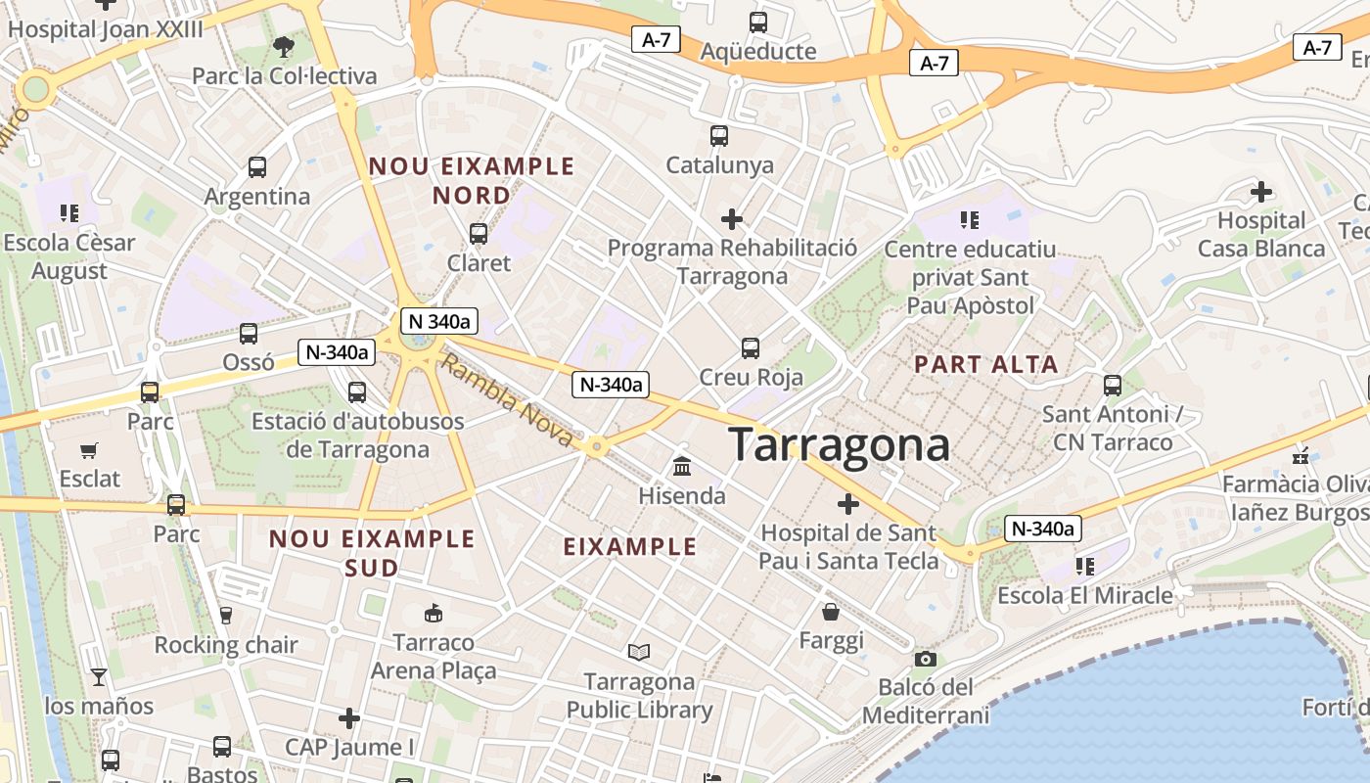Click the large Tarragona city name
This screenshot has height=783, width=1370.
point(839,445)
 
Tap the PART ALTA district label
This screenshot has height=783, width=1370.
point(985,365)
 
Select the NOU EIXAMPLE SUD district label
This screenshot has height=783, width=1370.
point(372,553)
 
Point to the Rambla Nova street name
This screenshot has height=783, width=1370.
point(506,402)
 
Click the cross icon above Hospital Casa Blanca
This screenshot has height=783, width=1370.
point(1261,191)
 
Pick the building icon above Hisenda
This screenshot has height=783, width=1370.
point(682,467)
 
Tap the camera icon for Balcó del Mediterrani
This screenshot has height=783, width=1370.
point(925,659)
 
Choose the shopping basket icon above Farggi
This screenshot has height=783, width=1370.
point(831,613)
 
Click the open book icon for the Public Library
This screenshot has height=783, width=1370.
point(639,652)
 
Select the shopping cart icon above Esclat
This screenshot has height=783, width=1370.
point(89,450)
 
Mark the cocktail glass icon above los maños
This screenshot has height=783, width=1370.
point(99,676)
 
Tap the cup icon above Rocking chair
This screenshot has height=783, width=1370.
point(226,616)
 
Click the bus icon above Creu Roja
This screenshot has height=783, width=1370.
point(751,347)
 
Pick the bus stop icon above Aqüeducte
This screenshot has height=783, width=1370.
point(757,22)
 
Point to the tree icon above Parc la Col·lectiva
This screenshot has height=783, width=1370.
point(284,46)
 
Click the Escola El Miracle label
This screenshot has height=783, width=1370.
point(1084,595)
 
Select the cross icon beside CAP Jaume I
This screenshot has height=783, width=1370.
point(349,719)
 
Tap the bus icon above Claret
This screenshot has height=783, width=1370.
point(479,233)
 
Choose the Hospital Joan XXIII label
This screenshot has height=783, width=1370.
point(106,28)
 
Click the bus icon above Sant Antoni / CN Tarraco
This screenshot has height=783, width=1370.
point(1113,385)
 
